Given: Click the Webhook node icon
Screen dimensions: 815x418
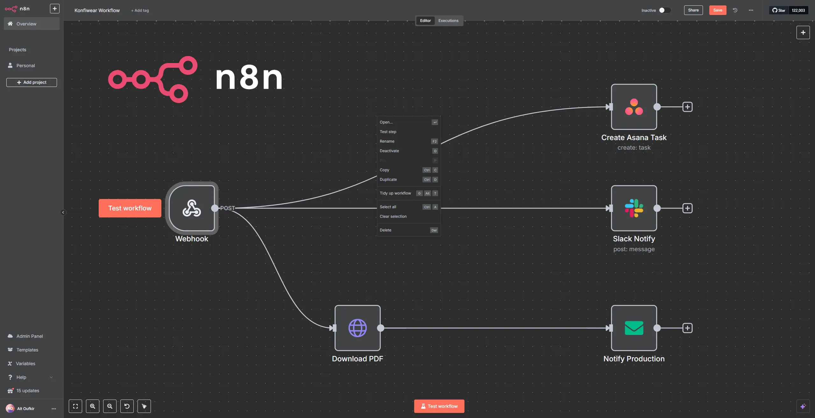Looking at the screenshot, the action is (x=192, y=208).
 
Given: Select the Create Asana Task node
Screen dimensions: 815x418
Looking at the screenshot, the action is (x=634, y=107).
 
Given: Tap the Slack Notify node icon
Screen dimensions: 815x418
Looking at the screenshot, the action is (x=634, y=208).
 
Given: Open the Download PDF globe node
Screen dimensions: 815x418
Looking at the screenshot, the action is (x=358, y=328).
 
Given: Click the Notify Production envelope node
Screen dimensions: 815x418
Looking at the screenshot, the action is (x=634, y=328).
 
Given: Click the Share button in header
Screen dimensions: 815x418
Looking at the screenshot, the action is (x=693, y=10).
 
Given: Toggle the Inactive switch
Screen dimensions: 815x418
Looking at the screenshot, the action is (x=665, y=10).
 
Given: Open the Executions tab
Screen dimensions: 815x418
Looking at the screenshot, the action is (x=448, y=21).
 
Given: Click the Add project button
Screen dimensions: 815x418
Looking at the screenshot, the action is (x=32, y=82).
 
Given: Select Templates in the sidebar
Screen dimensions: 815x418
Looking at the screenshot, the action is (x=27, y=350).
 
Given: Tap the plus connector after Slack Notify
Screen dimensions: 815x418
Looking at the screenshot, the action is (x=687, y=208).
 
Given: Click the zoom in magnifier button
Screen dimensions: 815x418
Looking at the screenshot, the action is (x=93, y=406).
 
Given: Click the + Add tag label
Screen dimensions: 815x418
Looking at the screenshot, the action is (x=140, y=11).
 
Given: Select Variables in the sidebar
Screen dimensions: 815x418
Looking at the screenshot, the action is (x=25, y=364).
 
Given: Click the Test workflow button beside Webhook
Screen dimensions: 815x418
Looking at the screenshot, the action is (x=130, y=208).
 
